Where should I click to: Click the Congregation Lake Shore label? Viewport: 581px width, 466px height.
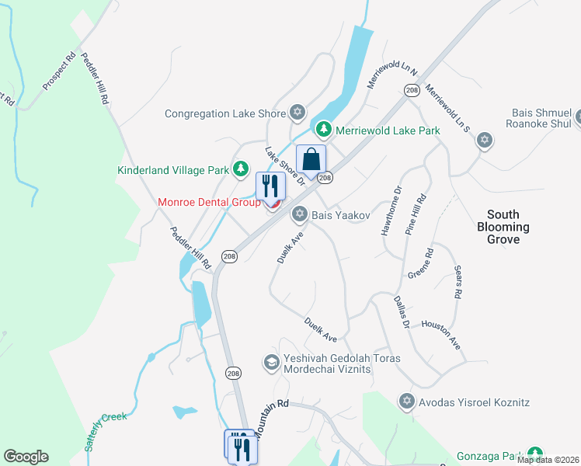[225, 113]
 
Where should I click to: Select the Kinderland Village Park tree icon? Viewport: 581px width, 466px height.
[242, 169]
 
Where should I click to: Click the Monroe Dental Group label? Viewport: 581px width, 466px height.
[209, 202]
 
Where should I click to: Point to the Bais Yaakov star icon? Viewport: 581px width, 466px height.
[299, 214]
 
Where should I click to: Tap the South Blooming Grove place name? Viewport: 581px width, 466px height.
[508, 227]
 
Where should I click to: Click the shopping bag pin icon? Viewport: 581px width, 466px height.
[311, 160]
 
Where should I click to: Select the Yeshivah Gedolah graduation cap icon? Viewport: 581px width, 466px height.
[271, 362]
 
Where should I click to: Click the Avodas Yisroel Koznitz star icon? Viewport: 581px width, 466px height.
[406, 402]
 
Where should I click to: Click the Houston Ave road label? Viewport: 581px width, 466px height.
[441, 332]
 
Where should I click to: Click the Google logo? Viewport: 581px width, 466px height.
[26, 457]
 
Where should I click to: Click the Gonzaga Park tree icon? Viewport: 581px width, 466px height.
[534, 454]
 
